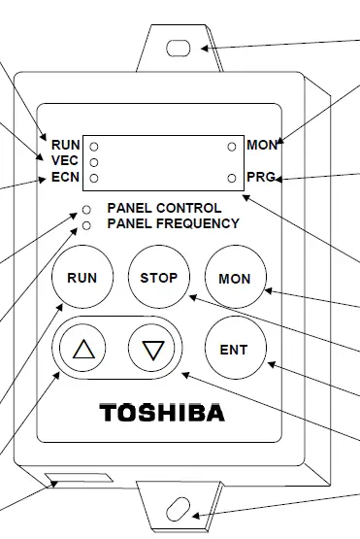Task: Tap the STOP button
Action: tap(158, 278)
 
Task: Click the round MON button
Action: tap(234, 279)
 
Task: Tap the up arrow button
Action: tap(83, 349)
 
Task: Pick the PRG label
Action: tap(261, 178)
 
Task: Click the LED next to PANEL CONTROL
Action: tap(87, 210)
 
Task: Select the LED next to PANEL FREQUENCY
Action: tap(87, 224)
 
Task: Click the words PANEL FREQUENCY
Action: tap(173, 223)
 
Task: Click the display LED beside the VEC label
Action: tap(93, 161)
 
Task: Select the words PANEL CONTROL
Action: tap(164, 208)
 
